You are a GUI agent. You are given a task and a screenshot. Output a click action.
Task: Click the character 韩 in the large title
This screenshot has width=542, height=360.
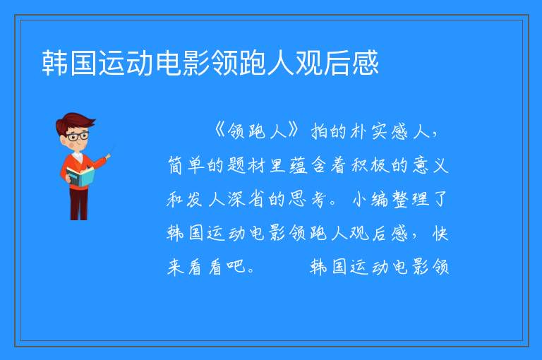[55, 63]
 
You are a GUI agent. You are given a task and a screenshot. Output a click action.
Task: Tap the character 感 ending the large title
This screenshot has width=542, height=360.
[366, 63]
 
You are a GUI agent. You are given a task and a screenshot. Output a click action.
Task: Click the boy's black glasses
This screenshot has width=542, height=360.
[78, 136]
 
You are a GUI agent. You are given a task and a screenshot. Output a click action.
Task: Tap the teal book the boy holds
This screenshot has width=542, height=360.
[80, 177]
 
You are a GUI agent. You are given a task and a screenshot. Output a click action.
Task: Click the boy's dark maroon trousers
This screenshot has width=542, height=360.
[78, 204]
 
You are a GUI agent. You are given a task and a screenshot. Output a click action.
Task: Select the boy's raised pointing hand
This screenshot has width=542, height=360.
[108, 156]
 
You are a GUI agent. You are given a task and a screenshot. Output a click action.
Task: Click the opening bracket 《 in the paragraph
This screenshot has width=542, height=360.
[220, 131]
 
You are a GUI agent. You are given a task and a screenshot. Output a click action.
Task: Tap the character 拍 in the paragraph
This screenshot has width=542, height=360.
[320, 131]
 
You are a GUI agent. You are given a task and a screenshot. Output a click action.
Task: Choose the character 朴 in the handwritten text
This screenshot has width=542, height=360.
[359, 131]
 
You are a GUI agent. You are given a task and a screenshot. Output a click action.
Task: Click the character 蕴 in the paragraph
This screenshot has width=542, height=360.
[297, 165]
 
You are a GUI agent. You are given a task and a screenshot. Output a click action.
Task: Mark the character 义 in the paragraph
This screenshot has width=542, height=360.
[440, 165]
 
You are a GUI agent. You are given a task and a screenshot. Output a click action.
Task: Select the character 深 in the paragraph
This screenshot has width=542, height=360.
[236, 199]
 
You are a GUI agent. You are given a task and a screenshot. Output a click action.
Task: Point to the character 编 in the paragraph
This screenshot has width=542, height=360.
[380, 199]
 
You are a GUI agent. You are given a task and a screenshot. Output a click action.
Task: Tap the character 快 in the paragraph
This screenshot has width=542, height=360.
[440, 233]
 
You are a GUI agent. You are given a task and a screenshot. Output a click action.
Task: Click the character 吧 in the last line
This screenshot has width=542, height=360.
[236, 267]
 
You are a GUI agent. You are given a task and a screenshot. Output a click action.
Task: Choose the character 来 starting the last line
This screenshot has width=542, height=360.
[175, 267]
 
